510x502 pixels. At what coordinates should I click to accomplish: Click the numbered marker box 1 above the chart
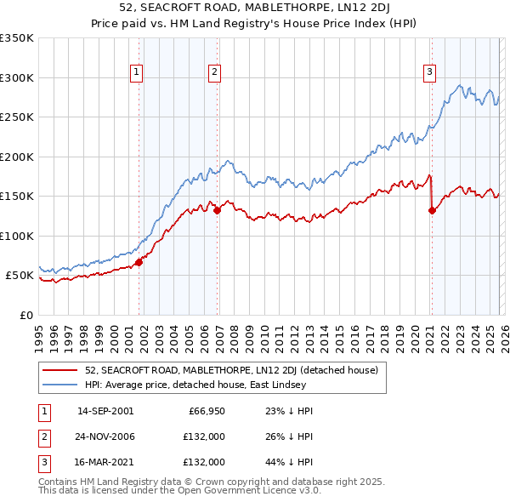tap(136, 73)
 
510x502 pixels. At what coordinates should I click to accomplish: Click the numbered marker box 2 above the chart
tap(215, 73)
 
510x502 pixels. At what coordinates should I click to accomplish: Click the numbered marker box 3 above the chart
tap(430, 73)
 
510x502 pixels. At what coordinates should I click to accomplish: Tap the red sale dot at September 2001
tap(139, 262)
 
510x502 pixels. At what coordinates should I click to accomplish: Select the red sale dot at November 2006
tap(218, 210)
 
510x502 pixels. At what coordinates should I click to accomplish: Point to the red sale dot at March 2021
tap(432, 210)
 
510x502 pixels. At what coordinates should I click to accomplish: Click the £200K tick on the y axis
tap(17, 157)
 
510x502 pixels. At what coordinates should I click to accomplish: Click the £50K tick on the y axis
tap(20, 276)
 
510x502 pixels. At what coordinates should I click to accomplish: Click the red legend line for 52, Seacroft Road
tap(61, 370)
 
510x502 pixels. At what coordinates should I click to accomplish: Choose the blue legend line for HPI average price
tap(61, 385)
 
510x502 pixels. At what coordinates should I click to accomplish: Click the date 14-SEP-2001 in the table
tap(105, 411)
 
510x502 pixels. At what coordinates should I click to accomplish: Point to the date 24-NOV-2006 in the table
tap(105, 436)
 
